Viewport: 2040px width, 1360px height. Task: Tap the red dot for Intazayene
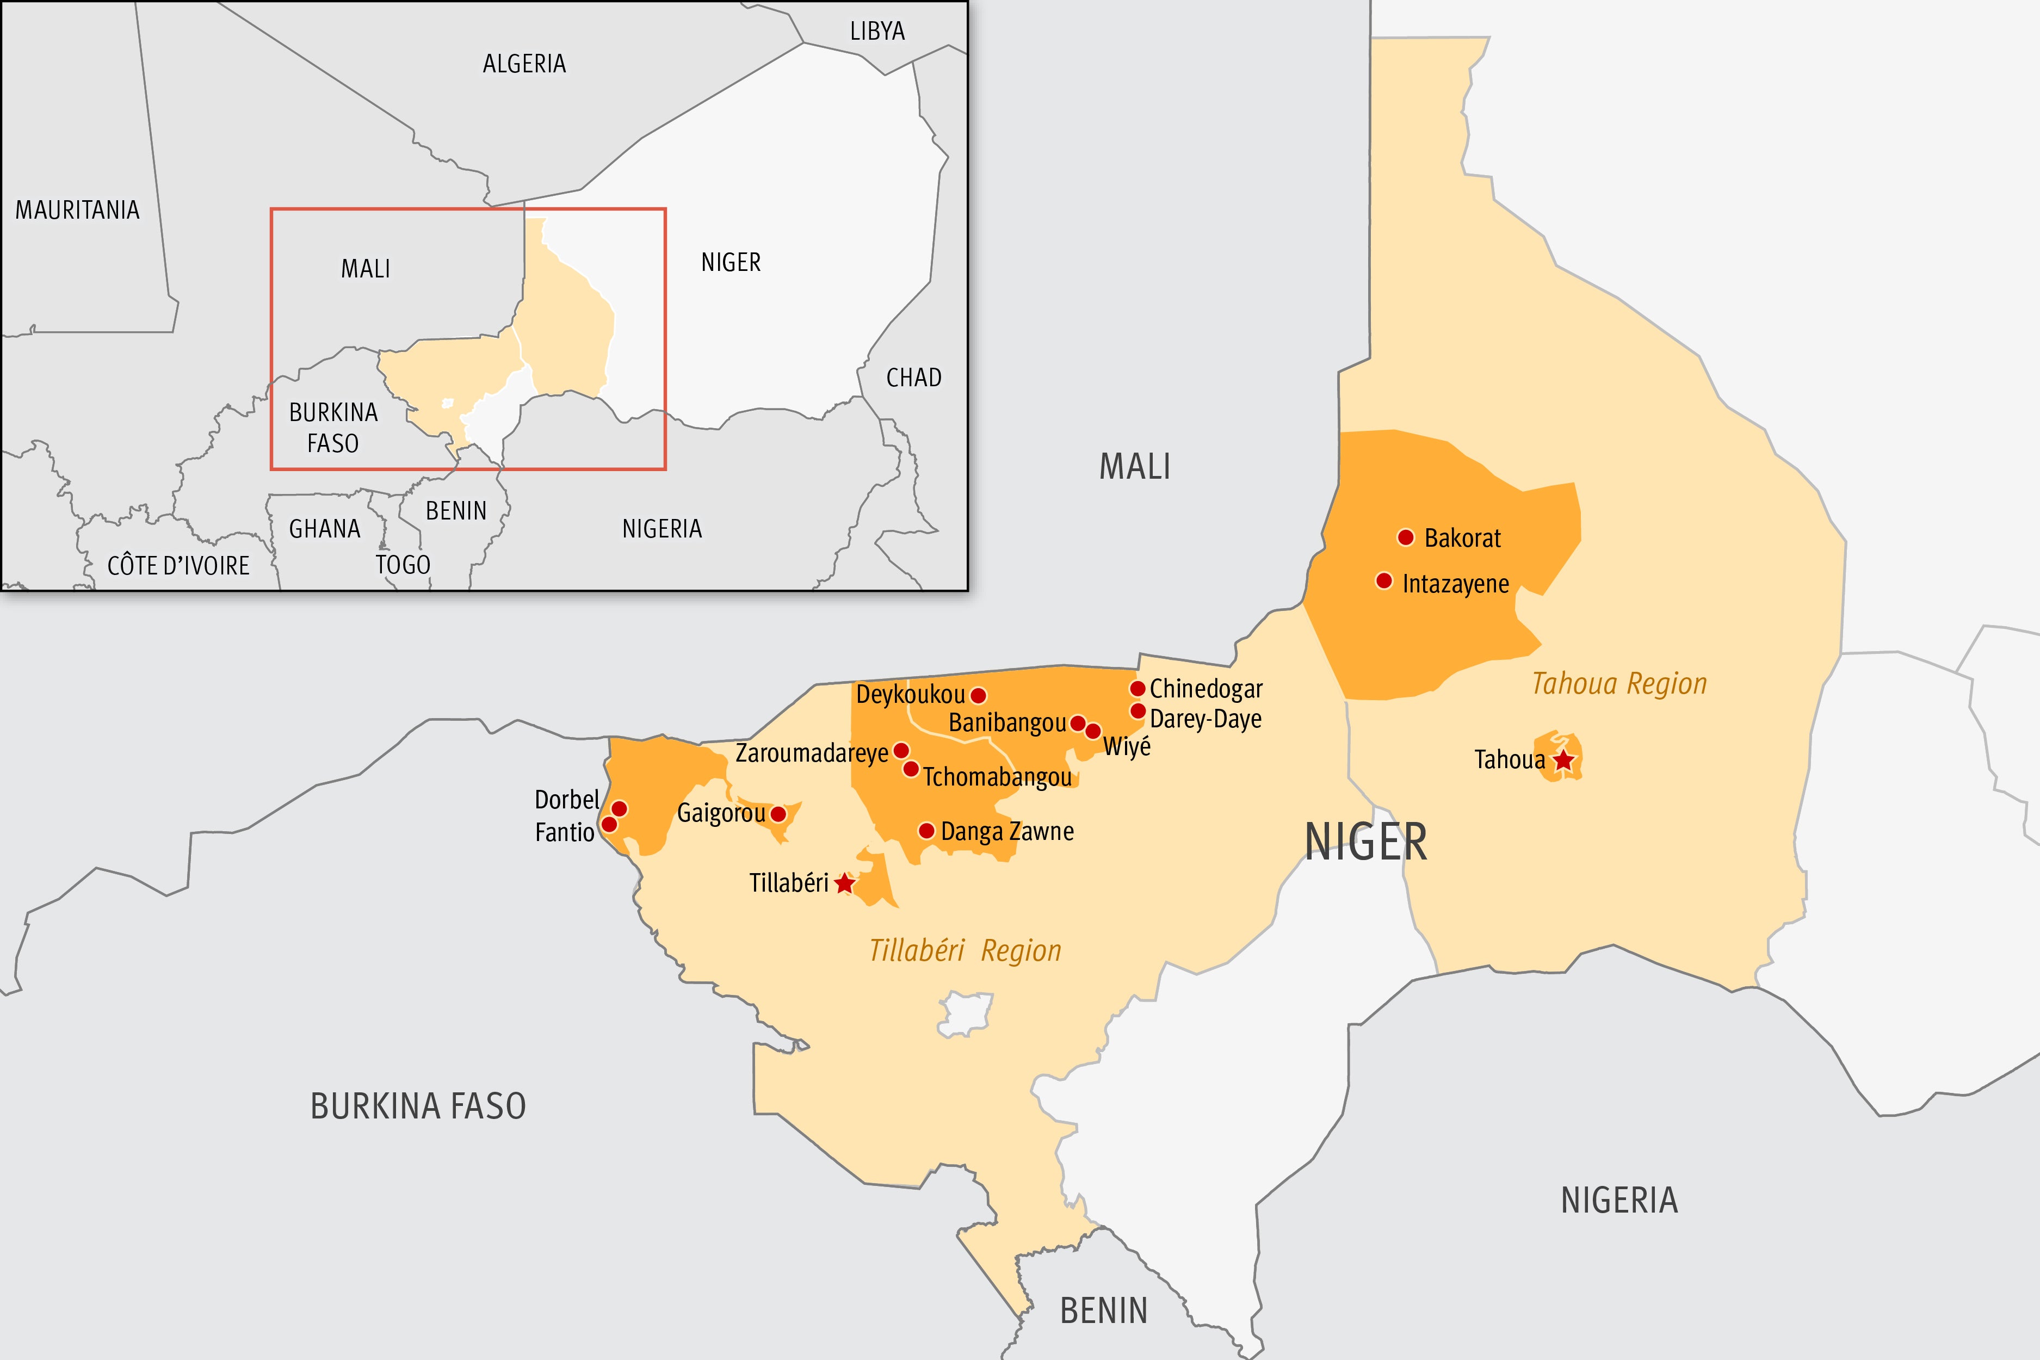tap(1384, 580)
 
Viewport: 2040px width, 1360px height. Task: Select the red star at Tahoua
tap(1563, 761)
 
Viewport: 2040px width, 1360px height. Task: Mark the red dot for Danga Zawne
tap(926, 831)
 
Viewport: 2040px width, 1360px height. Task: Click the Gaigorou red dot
tap(778, 814)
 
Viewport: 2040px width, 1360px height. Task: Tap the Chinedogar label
tap(1206, 689)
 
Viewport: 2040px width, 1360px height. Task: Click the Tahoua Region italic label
tap(1618, 683)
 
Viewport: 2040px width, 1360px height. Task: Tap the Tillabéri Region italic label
tap(965, 950)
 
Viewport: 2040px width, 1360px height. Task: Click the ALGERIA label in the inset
tap(524, 63)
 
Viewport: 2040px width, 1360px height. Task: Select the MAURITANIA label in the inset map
tap(77, 210)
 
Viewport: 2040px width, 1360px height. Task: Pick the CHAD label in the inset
tap(913, 378)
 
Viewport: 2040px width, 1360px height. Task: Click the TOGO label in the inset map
tap(403, 565)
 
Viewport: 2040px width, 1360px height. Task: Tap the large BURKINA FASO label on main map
tap(418, 1106)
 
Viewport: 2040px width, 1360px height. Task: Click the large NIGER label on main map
tap(1365, 842)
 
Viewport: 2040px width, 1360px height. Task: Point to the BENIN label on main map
tap(1103, 1310)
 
